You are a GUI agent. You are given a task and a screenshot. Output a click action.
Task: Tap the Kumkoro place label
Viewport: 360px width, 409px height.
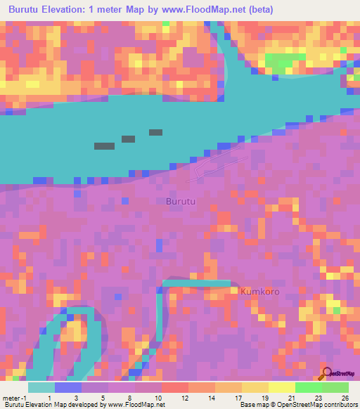point(260,291)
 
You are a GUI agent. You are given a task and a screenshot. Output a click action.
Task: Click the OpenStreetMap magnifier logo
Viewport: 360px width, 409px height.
point(326,374)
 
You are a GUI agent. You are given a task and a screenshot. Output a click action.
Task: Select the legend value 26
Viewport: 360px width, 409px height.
point(345,397)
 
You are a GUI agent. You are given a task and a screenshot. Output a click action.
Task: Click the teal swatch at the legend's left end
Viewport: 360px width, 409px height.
point(41,387)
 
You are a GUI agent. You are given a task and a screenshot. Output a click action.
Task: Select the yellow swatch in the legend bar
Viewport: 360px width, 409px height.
point(281,387)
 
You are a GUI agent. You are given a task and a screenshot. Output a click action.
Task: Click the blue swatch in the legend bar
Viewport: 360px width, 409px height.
point(68,387)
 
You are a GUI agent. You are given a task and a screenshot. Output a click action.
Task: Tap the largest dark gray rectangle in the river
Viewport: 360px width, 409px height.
point(104,146)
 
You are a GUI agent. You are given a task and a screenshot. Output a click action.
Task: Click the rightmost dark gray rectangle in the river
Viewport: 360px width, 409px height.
point(155,132)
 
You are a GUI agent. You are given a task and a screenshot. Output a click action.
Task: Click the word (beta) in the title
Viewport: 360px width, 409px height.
point(258,10)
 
